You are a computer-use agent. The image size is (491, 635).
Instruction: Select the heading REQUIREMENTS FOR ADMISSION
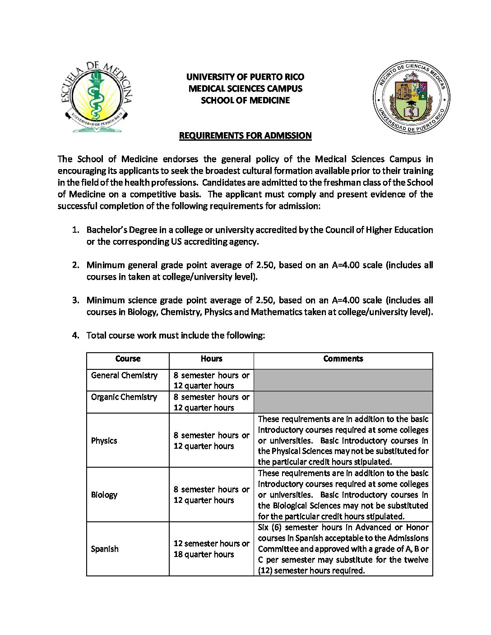click(245, 135)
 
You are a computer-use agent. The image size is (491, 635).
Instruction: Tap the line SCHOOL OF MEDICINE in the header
click(245, 100)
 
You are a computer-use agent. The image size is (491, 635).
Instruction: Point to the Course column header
click(128, 359)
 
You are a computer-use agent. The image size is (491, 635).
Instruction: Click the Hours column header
click(211, 359)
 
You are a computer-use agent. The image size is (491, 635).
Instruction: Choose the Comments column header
click(343, 359)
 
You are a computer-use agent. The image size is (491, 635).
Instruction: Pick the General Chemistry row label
click(124, 375)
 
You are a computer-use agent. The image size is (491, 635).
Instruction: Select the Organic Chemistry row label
click(124, 397)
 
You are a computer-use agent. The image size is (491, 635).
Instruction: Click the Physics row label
click(104, 441)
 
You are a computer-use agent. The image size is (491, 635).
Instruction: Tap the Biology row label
click(104, 495)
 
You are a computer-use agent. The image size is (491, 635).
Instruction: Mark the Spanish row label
click(105, 549)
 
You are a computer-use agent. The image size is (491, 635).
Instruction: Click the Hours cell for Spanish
click(211, 549)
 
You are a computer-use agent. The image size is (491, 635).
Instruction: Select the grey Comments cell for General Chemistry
click(343, 380)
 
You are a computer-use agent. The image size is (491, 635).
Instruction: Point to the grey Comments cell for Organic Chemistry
click(343, 402)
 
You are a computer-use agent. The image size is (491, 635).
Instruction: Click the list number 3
click(76, 300)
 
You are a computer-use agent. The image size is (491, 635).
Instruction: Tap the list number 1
click(76, 230)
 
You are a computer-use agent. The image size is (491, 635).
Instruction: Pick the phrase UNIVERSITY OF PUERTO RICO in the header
click(245, 77)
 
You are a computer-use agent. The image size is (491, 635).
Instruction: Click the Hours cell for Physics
click(211, 441)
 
